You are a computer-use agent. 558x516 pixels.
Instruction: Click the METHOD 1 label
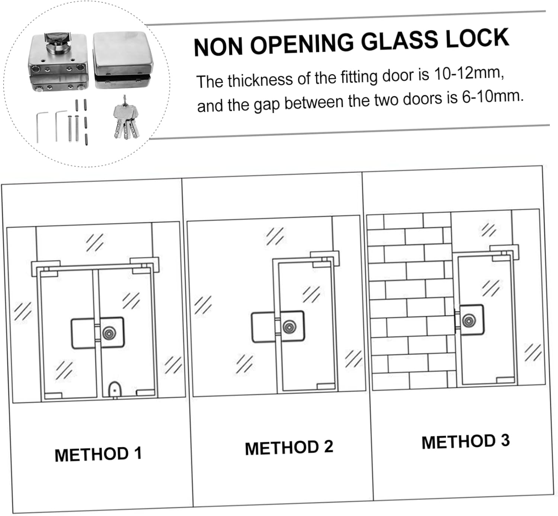click(x=98, y=454)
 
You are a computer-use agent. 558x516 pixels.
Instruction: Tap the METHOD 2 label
click(x=289, y=447)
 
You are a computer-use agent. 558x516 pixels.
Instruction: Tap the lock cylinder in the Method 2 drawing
click(x=289, y=327)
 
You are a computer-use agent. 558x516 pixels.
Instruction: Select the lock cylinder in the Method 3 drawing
click(x=469, y=320)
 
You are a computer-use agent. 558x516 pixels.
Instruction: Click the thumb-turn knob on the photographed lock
click(x=56, y=41)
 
